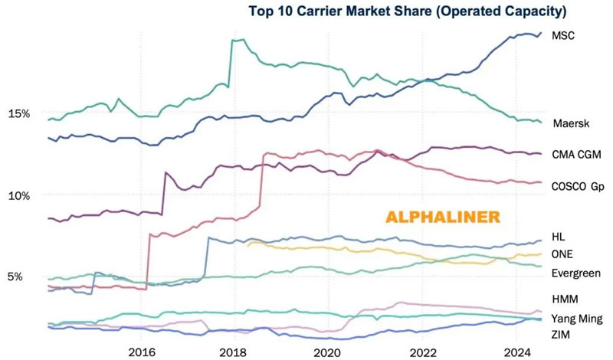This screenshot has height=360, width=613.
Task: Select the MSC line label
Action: pos(562,36)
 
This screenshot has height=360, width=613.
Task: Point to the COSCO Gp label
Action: pos(579,186)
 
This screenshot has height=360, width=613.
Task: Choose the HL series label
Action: pos(558,237)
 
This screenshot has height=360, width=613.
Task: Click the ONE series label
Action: pos(563,254)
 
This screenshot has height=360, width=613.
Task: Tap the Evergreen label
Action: pos(576,273)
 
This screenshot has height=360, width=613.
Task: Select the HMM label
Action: pos(564,299)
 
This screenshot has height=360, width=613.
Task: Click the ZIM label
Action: pos(561,335)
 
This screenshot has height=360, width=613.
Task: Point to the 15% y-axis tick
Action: pos(18,113)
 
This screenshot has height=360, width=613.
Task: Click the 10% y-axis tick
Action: pos(18,195)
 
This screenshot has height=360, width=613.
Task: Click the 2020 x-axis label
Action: pos(327,352)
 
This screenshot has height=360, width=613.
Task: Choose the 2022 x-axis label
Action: pos(422,352)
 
